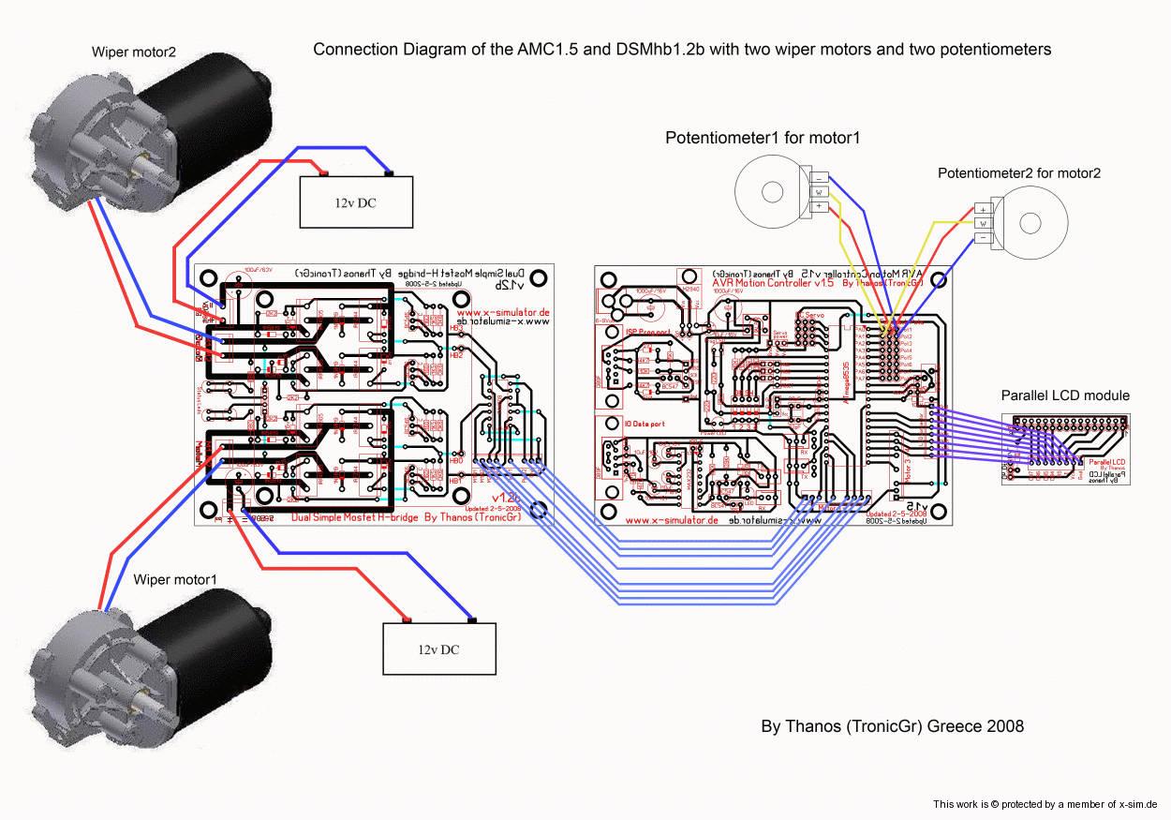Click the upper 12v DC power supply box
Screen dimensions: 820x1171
(355, 201)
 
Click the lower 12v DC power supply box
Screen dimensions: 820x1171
(438, 649)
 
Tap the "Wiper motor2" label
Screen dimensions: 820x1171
(133, 52)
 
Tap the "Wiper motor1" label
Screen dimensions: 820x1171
(175, 579)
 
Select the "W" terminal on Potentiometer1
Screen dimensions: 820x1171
(820, 191)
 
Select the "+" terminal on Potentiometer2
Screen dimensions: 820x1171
(983, 209)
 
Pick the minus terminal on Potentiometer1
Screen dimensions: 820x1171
(820, 177)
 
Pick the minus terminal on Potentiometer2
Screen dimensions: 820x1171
(983, 239)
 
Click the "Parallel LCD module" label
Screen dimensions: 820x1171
(1065, 395)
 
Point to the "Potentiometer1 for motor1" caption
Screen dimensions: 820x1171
(763, 138)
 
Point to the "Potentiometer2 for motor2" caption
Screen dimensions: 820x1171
(1019, 172)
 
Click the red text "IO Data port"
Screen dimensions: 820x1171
(645, 424)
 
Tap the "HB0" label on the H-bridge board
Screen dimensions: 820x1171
(457, 461)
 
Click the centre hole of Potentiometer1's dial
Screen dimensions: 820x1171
(772, 191)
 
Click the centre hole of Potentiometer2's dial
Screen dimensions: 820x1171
(1030, 223)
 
